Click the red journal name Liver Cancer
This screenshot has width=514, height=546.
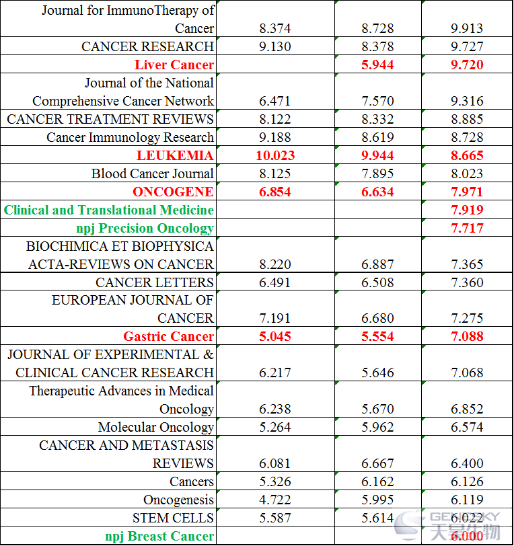coord(174,65)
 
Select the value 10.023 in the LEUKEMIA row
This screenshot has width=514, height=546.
coord(275,155)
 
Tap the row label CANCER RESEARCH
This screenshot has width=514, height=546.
coord(147,46)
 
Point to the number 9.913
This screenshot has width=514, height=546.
coord(467,28)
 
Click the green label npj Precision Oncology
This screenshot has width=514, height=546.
coord(145,229)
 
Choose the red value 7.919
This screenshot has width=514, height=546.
coord(467,210)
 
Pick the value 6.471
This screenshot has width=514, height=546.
coord(275,101)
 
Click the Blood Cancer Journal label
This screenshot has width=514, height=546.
coord(153,173)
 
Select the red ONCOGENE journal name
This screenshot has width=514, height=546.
coord(173,192)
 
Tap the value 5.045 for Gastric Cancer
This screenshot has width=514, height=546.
coord(275,336)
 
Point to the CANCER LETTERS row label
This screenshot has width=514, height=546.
coord(155,282)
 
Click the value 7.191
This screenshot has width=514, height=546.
coord(275,318)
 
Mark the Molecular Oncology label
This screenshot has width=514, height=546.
coord(156,427)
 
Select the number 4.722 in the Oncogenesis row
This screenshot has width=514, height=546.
coord(275,500)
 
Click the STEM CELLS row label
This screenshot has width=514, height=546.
coord(173,518)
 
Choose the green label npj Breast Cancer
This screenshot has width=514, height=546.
coord(159,537)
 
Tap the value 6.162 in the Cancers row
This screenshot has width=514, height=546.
coord(377,481)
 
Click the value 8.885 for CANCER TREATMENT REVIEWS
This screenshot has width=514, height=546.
coord(467,119)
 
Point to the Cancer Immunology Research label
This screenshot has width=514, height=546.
coord(130,138)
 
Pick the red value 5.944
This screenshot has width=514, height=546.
coord(377,65)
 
